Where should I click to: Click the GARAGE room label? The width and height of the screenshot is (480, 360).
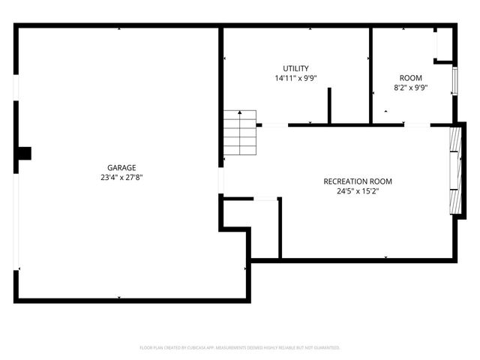pyautogui.click(x=121, y=167)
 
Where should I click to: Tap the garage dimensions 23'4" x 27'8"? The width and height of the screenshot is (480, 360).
pyautogui.click(x=121, y=178)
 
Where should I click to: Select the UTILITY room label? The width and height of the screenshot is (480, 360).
pyautogui.click(x=295, y=68)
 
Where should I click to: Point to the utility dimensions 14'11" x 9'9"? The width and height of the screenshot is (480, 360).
pyautogui.click(x=295, y=78)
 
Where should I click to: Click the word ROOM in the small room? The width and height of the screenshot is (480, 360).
pyautogui.click(x=410, y=78)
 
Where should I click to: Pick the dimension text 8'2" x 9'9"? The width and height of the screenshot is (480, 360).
pyautogui.click(x=410, y=88)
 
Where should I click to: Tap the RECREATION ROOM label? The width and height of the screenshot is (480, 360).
pyautogui.click(x=358, y=181)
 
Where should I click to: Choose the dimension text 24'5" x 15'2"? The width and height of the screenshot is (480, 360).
pyautogui.click(x=358, y=190)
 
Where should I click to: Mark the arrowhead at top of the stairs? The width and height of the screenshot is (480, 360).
pyautogui.click(x=240, y=112)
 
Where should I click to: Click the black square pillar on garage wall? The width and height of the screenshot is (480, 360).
pyautogui.click(x=25, y=153)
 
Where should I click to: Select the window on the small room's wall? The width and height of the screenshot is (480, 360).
pyautogui.click(x=454, y=81)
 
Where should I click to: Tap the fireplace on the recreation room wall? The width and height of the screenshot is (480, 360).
pyautogui.click(x=454, y=170)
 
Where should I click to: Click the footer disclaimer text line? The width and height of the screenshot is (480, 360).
pyautogui.click(x=240, y=348)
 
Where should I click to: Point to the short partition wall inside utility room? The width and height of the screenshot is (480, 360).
pyautogui.click(x=328, y=106)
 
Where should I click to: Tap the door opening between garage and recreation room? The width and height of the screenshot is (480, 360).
pyautogui.click(x=220, y=180)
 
